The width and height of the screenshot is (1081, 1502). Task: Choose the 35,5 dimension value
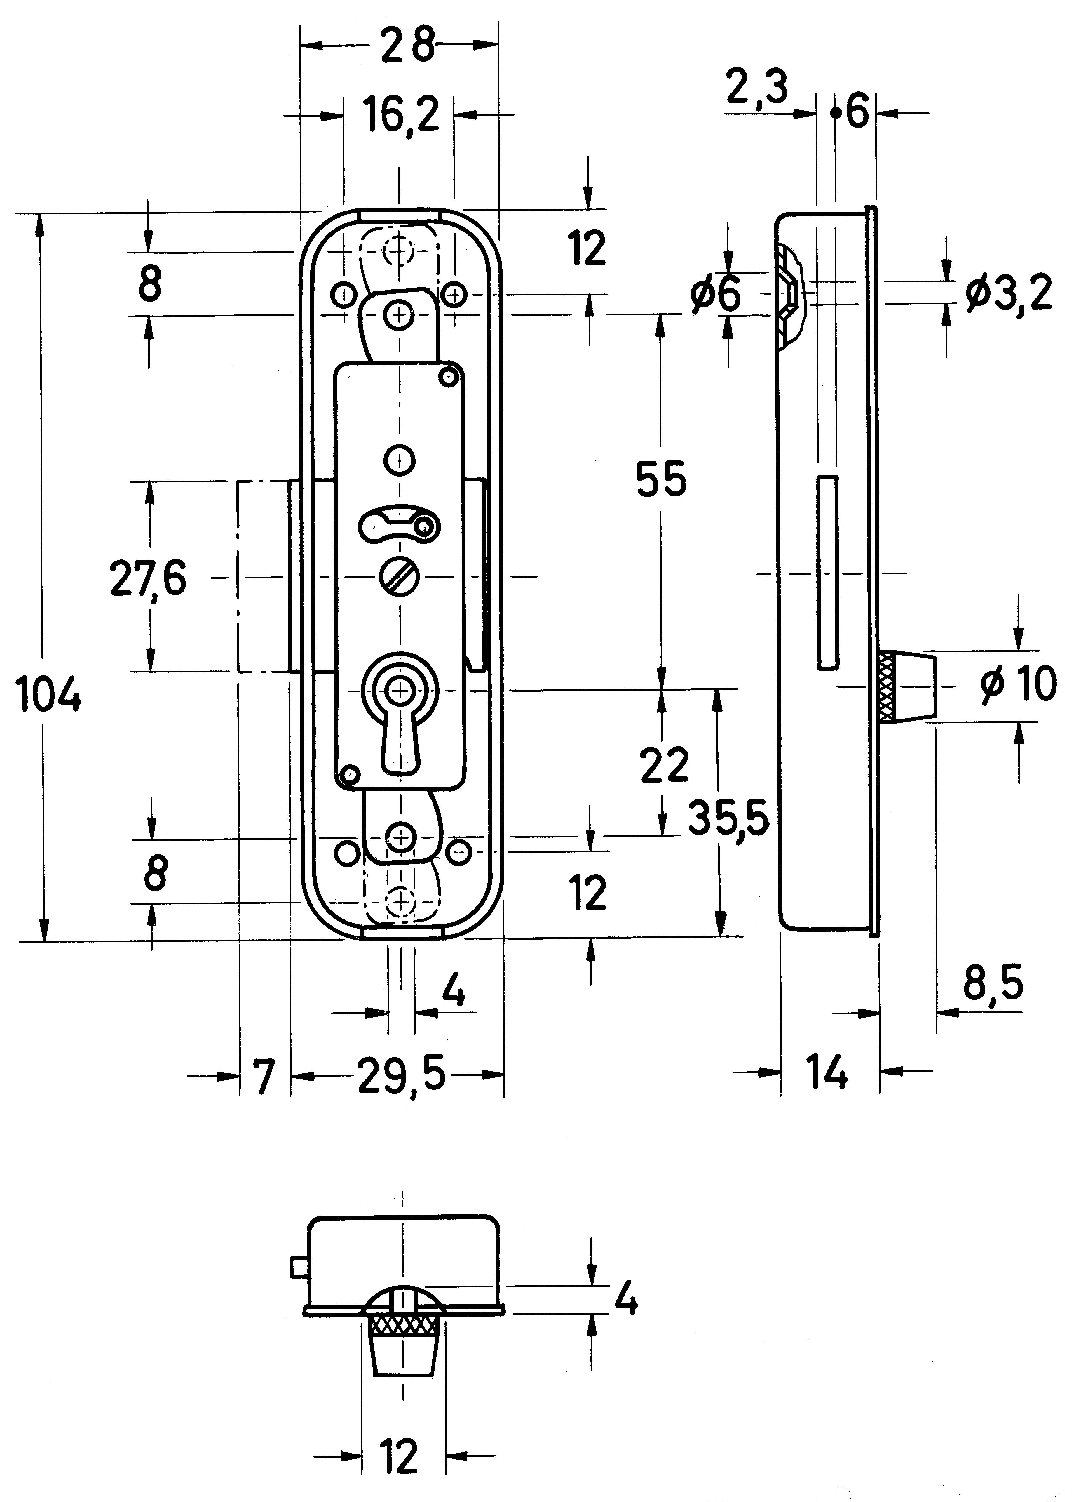(x=728, y=818)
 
